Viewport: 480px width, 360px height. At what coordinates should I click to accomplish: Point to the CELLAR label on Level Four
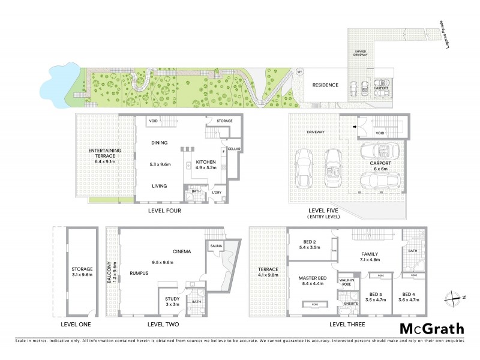pyautogui.click(x=233, y=149)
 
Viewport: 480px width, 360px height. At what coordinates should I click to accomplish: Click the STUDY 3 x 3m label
pyautogui.click(x=172, y=301)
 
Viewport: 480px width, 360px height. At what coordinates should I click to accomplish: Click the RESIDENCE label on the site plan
pyautogui.click(x=325, y=85)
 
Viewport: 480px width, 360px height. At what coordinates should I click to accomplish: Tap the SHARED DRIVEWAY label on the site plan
pyautogui.click(x=360, y=53)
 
